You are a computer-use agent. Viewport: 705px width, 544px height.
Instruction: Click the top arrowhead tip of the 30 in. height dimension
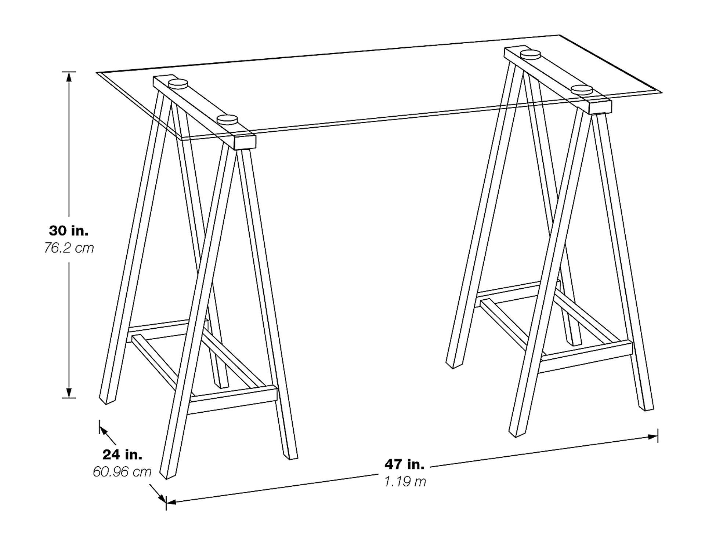click(x=69, y=72)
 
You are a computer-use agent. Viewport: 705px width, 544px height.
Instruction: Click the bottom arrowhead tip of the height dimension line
click(x=69, y=398)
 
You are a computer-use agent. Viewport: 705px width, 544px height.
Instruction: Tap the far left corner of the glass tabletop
click(x=97, y=72)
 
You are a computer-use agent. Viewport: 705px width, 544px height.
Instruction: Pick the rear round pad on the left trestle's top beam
click(x=178, y=84)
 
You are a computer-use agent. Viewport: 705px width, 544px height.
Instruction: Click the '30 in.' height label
click(x=69, y=231)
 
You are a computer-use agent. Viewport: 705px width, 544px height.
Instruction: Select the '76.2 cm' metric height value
click(x=69, y=248)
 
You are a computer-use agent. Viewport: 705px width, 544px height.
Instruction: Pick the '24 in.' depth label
click(x=122, y=455)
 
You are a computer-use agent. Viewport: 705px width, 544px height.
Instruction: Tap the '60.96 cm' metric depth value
click(x=122, y=472)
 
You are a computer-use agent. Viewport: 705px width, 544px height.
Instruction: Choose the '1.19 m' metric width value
click(x=405, y=482)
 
